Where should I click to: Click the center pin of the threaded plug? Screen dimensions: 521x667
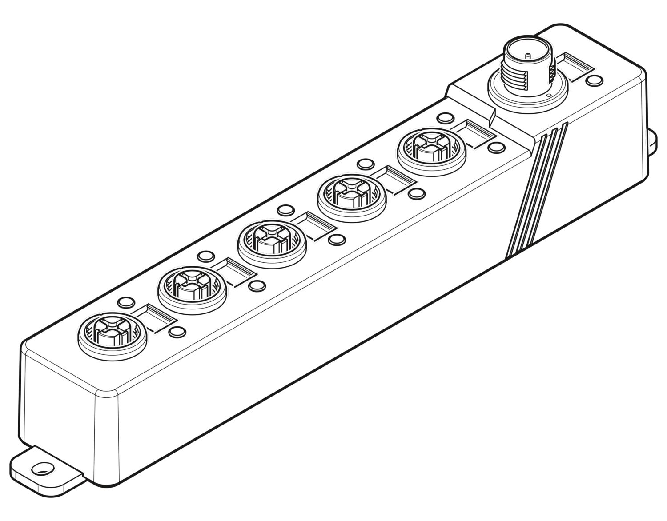pyautogui.click(x=527, y=56)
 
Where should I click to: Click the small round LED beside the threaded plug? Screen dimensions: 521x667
pyautogui.click(x=594, y=80)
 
